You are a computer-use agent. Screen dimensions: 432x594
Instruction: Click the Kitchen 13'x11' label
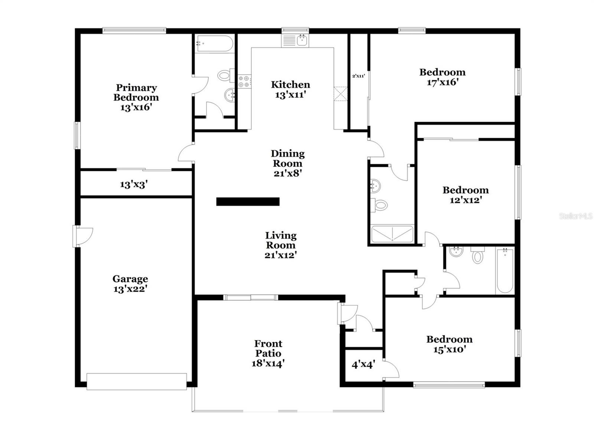coord(290,90)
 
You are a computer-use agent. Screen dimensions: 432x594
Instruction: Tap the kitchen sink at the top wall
coord(295,40)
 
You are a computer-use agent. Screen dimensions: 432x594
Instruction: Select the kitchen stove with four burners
coord(244,81)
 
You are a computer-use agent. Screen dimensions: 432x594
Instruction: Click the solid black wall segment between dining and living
coord(248,201)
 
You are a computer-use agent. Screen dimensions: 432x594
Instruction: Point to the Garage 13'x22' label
coord(130,283)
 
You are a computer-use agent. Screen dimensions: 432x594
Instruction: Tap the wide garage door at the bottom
coord(136,381)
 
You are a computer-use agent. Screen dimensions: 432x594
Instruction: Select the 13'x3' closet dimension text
coord(134,184)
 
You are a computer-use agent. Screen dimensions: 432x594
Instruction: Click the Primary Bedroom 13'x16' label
coord(136,97)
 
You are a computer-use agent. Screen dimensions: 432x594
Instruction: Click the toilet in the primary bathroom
coord(225,75)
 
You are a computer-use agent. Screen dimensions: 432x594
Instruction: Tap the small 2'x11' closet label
coord(358,76)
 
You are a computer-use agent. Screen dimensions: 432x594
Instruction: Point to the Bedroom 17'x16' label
coord(442,77)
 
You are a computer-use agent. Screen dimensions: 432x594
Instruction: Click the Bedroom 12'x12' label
coord(465,195)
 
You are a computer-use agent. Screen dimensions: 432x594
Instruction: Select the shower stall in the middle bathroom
coord(392,234)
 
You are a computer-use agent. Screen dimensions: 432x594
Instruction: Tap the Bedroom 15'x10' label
coord(449,344)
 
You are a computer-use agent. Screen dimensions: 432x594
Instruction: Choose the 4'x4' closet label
coord(363,364)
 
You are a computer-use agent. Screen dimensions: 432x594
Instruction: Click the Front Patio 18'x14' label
coord(268,353)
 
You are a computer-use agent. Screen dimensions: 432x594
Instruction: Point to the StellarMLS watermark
coord(575,216)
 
